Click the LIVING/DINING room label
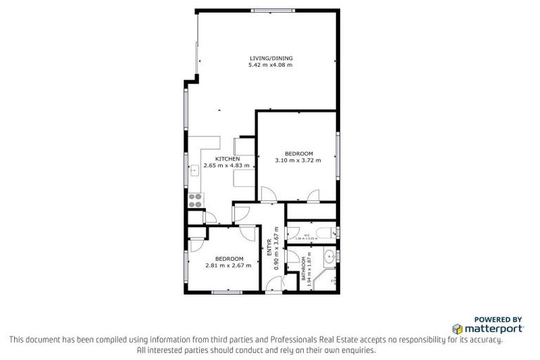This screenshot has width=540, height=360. (x=271, y=58)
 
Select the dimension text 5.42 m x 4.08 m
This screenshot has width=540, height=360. (x=271, y=65)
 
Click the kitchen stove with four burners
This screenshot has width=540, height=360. (x=195, y=200)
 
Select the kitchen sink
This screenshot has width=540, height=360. (x=194, y=169)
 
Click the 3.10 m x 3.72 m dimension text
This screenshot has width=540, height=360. (x=298, y=160)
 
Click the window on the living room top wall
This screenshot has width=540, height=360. (x=274, y=10)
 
